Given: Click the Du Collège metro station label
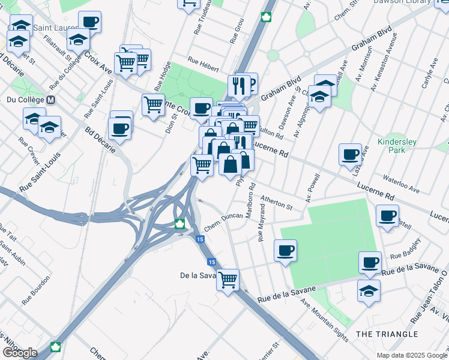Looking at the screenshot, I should click(24, 99).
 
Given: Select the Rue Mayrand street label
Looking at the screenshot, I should click(261, 223).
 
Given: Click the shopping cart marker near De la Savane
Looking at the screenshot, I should click(228, 278).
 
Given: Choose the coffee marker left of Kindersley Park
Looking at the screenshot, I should click(349, 154).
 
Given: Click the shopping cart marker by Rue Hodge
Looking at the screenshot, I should click(153, 104).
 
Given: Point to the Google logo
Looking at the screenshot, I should click(20, 353).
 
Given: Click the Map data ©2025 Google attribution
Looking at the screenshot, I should click(412, 355).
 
